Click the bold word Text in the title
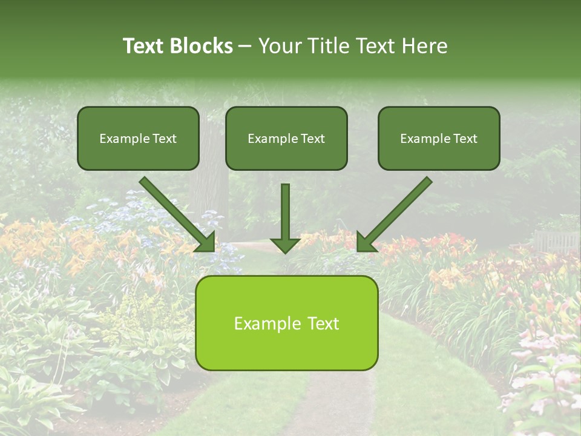(143, 46)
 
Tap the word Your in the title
(279, 46)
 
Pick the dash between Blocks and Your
(245, 47)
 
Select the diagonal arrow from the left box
(179, 215)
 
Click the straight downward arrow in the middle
(285, 218)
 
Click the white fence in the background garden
(556, 241)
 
